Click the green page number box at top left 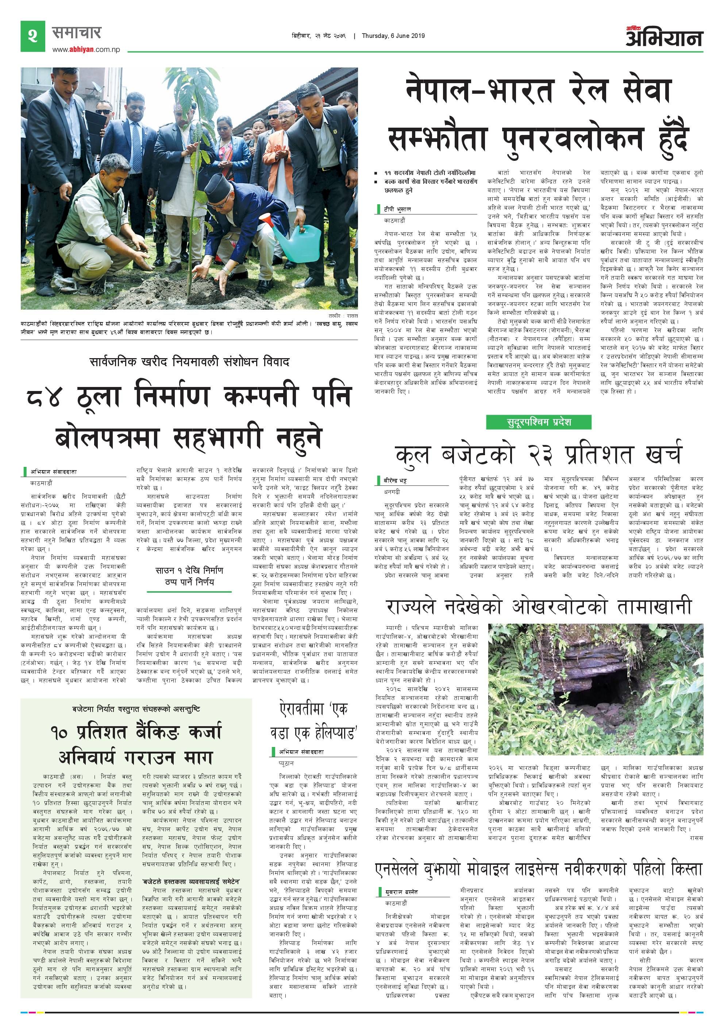(32, 36)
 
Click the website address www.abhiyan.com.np (86, 50)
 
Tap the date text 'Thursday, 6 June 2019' (393, 36)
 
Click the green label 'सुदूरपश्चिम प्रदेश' (538, 422)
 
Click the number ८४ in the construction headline (44, 397)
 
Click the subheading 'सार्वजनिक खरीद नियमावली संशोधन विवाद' (189, 362)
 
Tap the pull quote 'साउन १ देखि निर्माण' (189, 570)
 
